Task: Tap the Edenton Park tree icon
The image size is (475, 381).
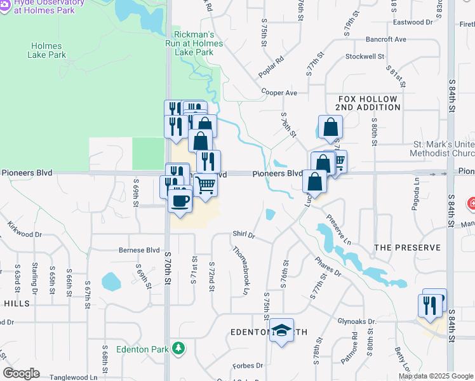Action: click(180, 348)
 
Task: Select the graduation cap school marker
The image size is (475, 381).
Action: click(281, 330)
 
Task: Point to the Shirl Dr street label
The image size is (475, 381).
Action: click(243, 235)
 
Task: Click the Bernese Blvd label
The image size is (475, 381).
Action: click(139, 250)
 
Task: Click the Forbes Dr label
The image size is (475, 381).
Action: click(248, 365)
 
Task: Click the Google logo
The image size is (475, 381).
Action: click(21, 373)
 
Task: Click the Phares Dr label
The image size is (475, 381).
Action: click(328, 267)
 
